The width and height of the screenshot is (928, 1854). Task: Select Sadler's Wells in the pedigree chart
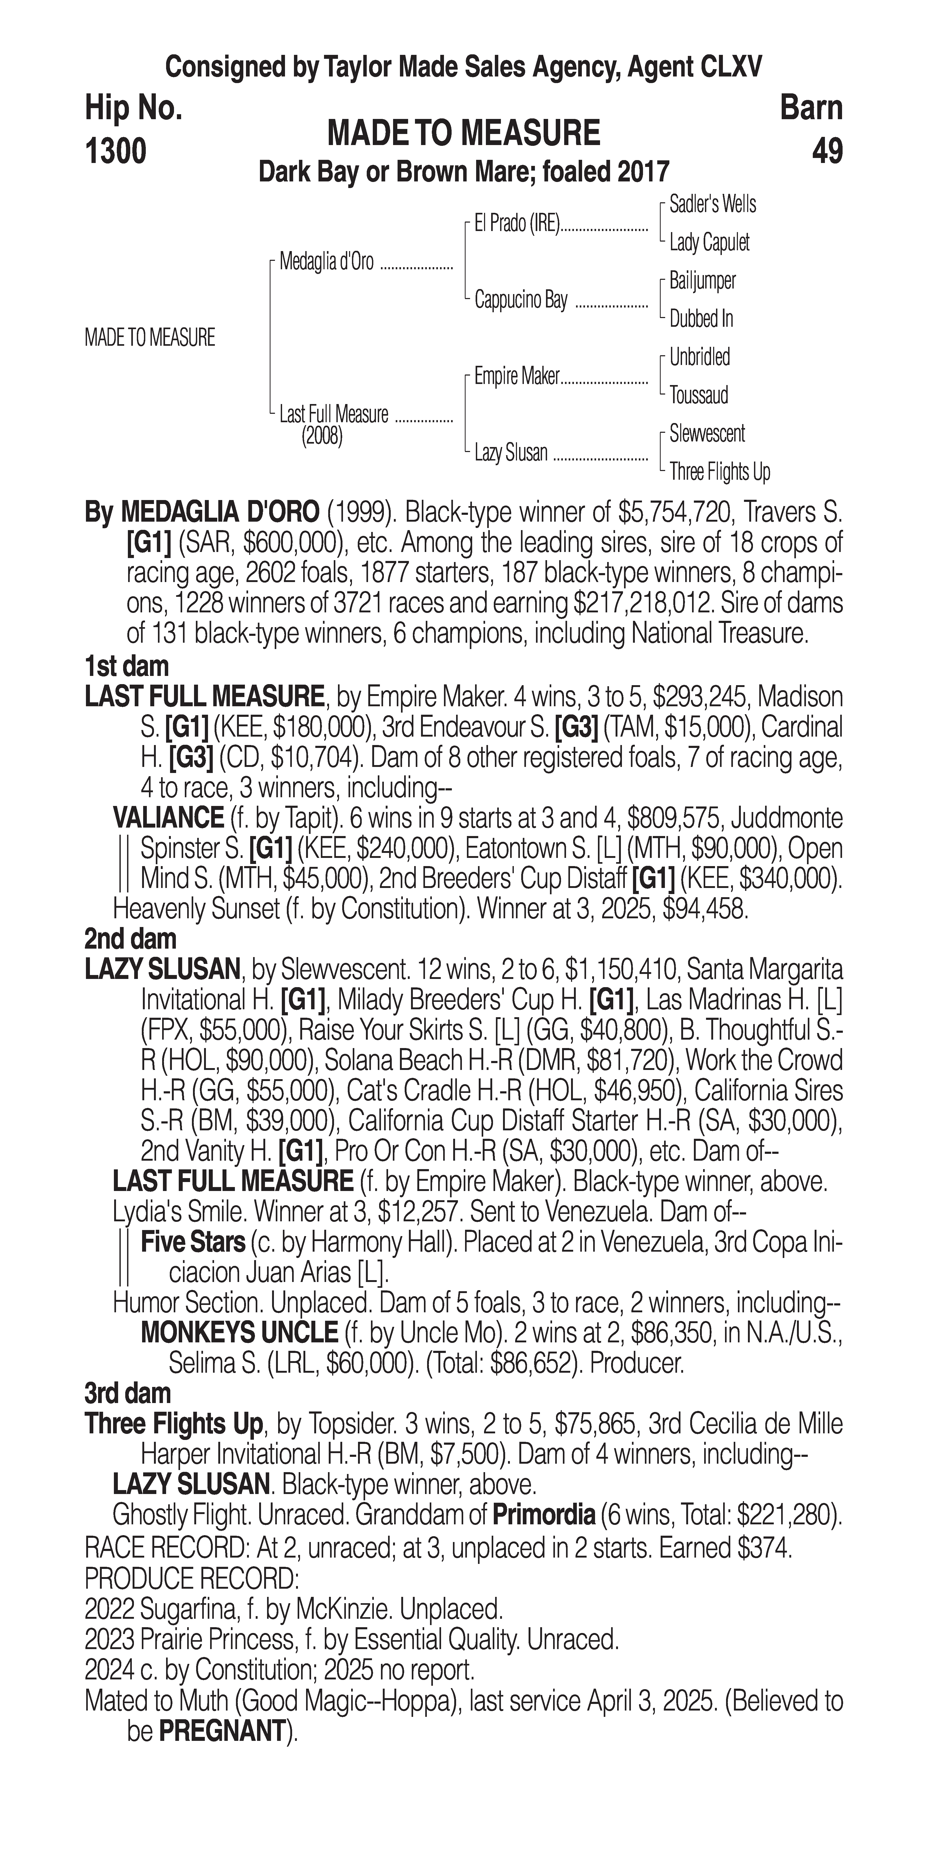712,204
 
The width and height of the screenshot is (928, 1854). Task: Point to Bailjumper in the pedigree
702,281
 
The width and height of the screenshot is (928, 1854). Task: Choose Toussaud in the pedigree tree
699,395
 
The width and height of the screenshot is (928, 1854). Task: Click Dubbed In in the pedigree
701,319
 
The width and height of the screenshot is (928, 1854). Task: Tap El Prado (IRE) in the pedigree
516,224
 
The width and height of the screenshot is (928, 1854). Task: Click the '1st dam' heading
127,666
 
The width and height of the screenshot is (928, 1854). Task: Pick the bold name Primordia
543,1516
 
